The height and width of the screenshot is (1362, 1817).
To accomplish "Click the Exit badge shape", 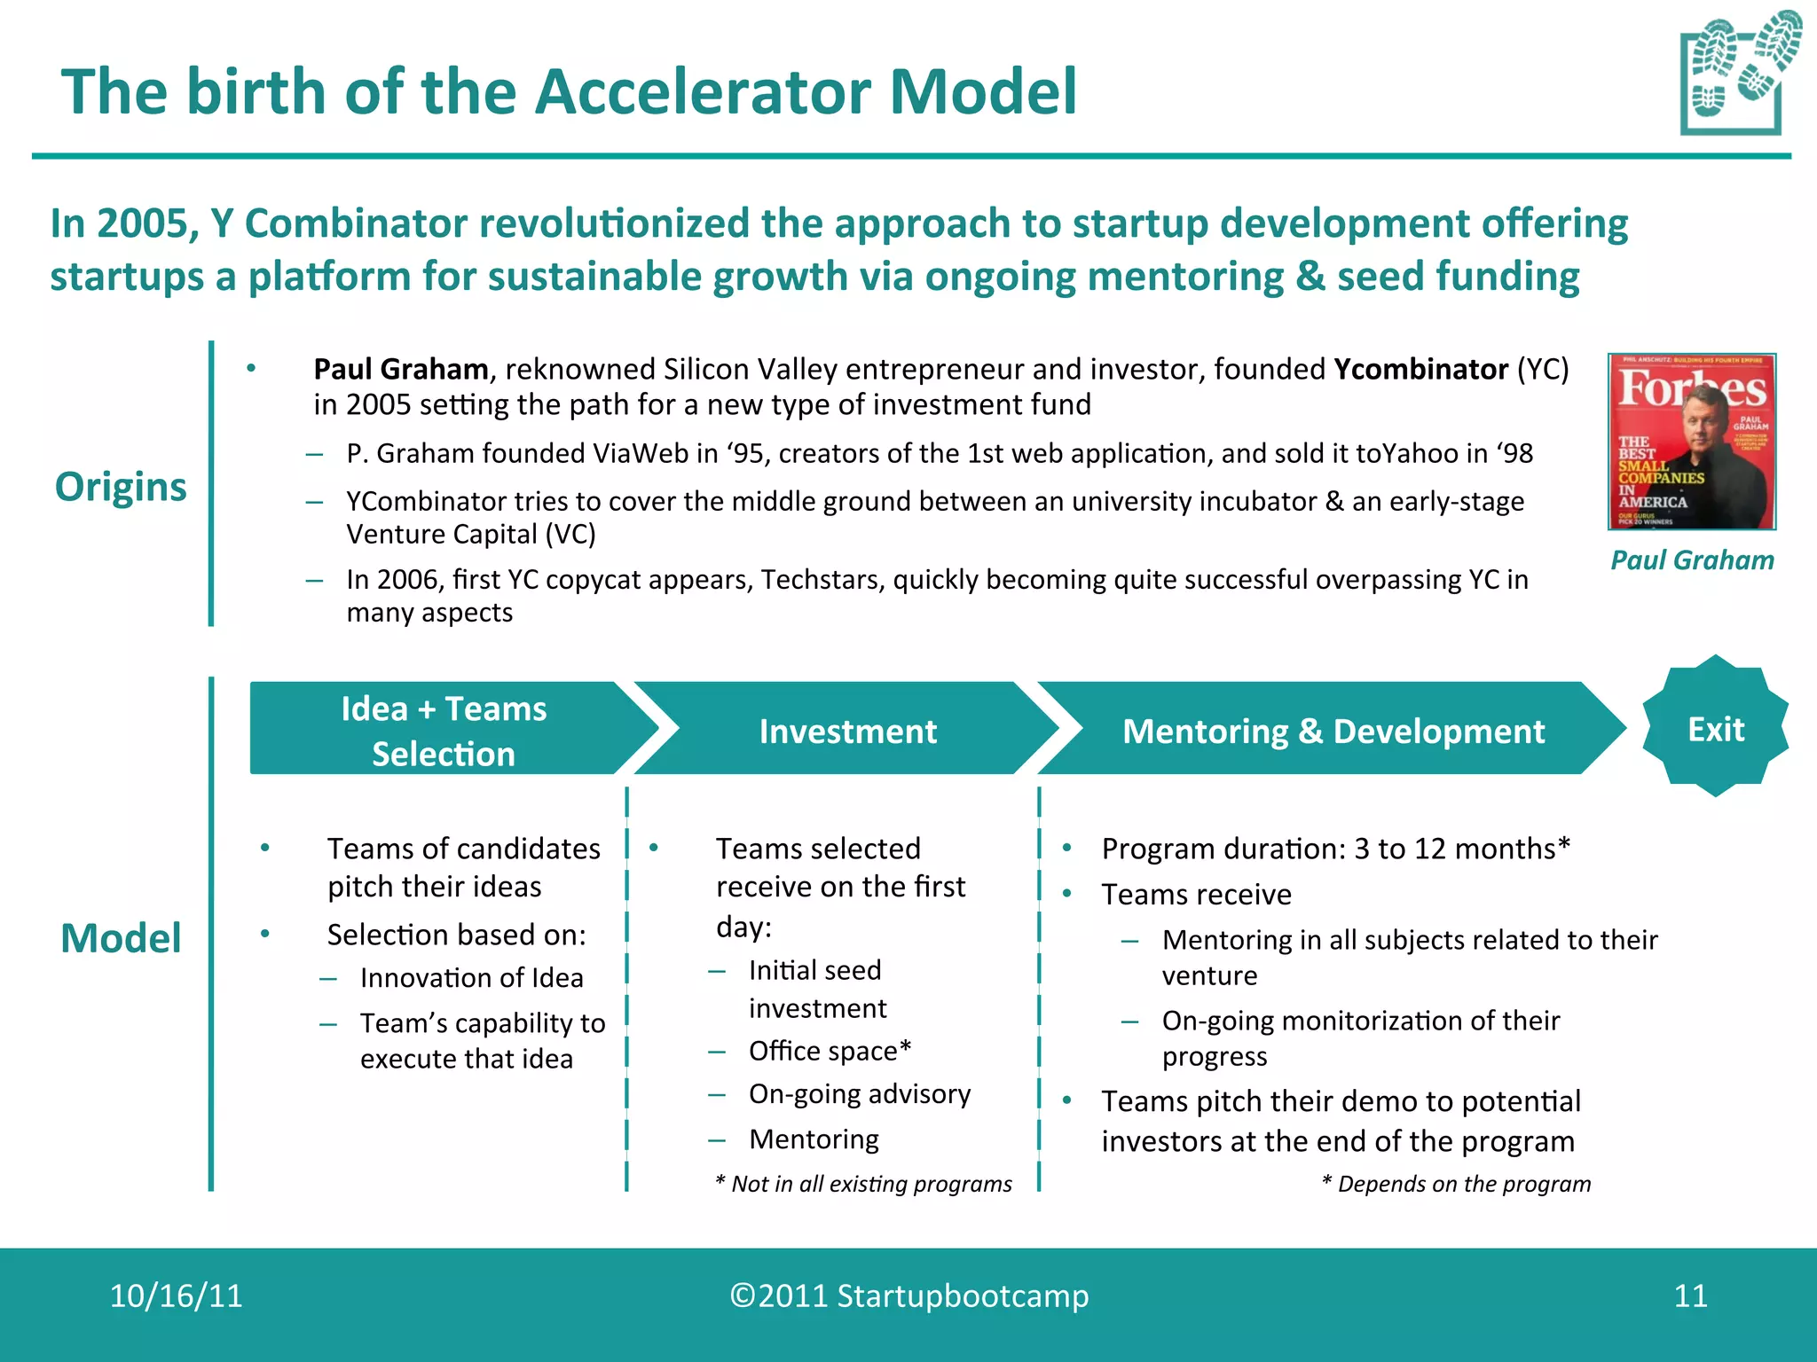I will [x=1715, y=728].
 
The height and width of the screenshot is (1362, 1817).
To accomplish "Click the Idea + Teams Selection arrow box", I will [x=444, y=730].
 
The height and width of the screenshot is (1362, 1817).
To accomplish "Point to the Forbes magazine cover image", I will [x=1691, y=441].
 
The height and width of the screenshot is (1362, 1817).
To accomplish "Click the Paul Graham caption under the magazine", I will [x=1691, y=560].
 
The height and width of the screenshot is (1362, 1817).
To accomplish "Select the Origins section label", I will [x=121, y=486].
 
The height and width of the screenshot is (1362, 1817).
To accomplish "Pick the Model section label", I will [x=121, y=937].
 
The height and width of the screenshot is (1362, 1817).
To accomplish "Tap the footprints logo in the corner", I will [x=1739, y=73].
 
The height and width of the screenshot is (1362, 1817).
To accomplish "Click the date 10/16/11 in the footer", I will [x=176, y=1295].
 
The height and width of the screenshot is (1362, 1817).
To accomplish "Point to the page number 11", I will [x=1690, y=1295].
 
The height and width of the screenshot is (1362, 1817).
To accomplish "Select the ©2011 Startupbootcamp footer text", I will [x=908, y=1295].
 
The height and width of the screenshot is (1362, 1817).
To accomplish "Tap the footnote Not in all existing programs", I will [x=863, y=1184].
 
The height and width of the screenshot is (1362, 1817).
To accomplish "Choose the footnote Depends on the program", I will [x=1456, y=1184].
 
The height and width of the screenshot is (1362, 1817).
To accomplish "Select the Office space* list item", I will [x=830, y=1051].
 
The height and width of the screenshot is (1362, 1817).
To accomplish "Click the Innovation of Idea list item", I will [x=471, y=977].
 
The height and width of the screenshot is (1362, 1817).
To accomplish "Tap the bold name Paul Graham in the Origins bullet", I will [x=401, y=369].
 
